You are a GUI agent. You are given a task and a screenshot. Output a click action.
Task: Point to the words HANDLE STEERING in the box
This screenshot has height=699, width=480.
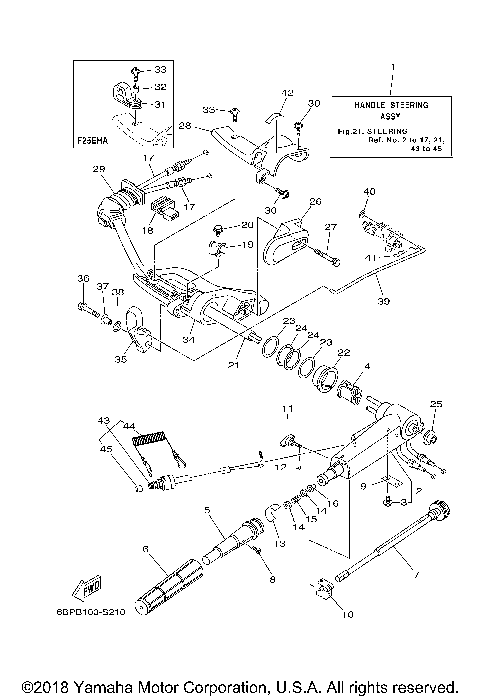[393, 103]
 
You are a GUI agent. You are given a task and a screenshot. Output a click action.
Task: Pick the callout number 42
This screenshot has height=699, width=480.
[287, 94]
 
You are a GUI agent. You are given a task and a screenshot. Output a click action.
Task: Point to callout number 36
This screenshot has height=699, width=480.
[82, 278]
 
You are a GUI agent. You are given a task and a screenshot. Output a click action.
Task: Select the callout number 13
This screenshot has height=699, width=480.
[278, 543]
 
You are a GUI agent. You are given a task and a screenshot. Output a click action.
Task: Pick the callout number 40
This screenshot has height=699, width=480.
[369, 191]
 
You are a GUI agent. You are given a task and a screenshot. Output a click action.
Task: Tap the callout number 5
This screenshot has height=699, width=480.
[207, 510]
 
